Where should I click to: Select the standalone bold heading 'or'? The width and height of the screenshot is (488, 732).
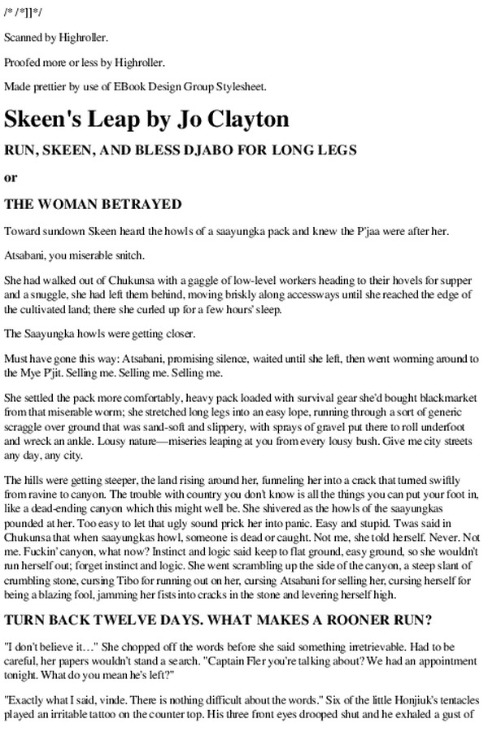11,177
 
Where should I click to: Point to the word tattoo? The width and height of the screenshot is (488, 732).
100,719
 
